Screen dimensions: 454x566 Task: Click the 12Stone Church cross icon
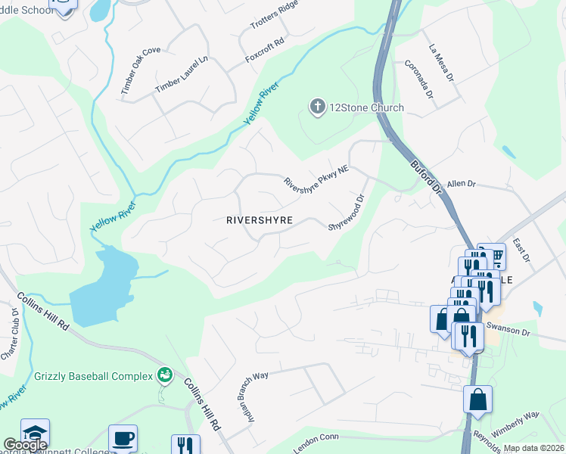coord(318,107)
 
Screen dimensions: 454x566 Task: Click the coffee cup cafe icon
coord(123,438)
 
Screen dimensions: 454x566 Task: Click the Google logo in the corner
coord(24,444)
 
